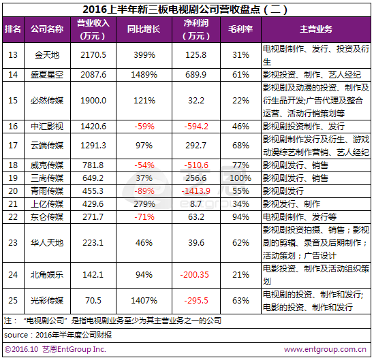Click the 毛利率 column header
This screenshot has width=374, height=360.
click(240, 29)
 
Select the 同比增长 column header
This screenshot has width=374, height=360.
click(144, 29)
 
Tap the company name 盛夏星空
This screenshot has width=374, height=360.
click(47, 75)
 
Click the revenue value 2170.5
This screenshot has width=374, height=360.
click(93, 55)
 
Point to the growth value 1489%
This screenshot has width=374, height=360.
click(144, 75)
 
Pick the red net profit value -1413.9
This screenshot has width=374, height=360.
click(196, 191)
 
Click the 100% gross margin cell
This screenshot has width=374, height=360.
click(240, 178)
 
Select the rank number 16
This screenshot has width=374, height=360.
click(13, 127)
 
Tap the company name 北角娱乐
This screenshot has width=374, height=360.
click(47, 275)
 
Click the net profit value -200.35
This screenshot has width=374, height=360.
click(195, 275)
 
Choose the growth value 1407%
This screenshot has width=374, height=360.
click(144, 301)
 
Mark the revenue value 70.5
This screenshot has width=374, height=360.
click(93, 301)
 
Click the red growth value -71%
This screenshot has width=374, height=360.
click(144, 217)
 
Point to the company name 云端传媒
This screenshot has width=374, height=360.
click(47, 146)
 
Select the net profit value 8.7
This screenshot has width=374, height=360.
click(196, 204)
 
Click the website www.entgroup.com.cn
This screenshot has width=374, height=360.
click(325, 350)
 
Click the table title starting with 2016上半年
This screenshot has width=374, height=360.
click(185, 10)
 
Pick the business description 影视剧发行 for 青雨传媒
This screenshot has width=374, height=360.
click(283, 191)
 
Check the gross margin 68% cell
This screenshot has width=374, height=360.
click(240, 146)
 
